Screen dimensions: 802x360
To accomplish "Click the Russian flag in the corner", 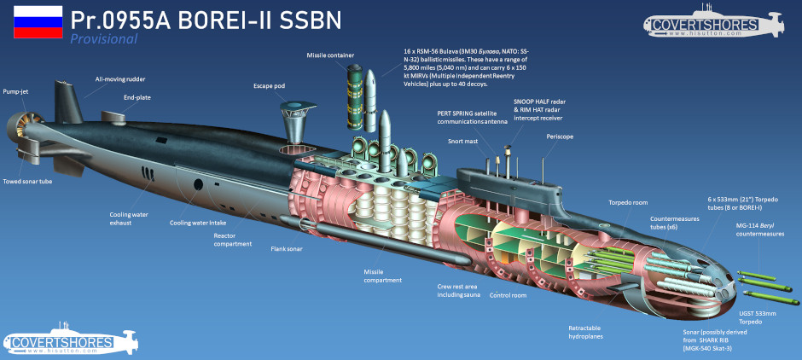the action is (x=38, y=22).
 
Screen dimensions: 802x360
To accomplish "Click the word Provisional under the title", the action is (x=104, y=39).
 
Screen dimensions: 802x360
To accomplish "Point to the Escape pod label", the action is (x=269, y=86).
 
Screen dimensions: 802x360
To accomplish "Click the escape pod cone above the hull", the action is (x=296, y=120).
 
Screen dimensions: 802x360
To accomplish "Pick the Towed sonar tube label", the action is (x=27, y=181).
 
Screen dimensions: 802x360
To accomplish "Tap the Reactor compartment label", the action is (x=233, y=240).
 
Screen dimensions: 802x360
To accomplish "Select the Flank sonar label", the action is (x=287, y=250).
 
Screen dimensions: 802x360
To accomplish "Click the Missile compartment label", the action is (x=382, y=276).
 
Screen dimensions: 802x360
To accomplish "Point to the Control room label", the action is (x=508, y=295).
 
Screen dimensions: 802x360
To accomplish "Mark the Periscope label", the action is (x=560, y=137).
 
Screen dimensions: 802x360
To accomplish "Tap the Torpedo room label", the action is (x=626, y=201).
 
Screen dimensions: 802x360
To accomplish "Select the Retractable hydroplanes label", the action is (x=584, y=332).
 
